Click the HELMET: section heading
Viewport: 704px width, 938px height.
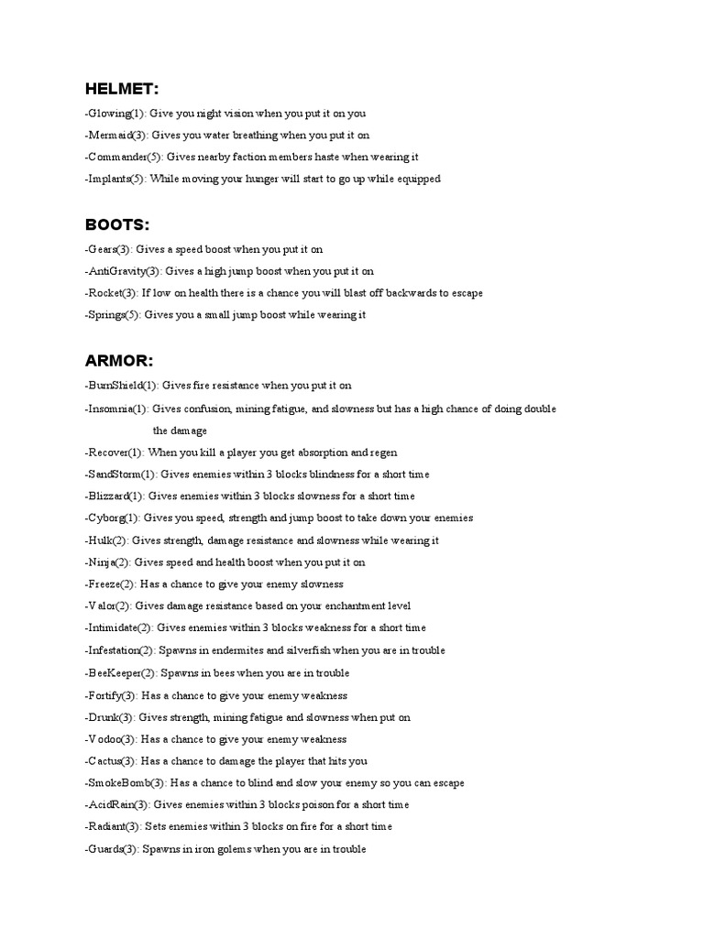[x=122, y=89]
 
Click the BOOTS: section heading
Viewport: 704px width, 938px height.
[x=117, y=224]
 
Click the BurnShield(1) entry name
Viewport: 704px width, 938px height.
[x=121, y=386]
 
